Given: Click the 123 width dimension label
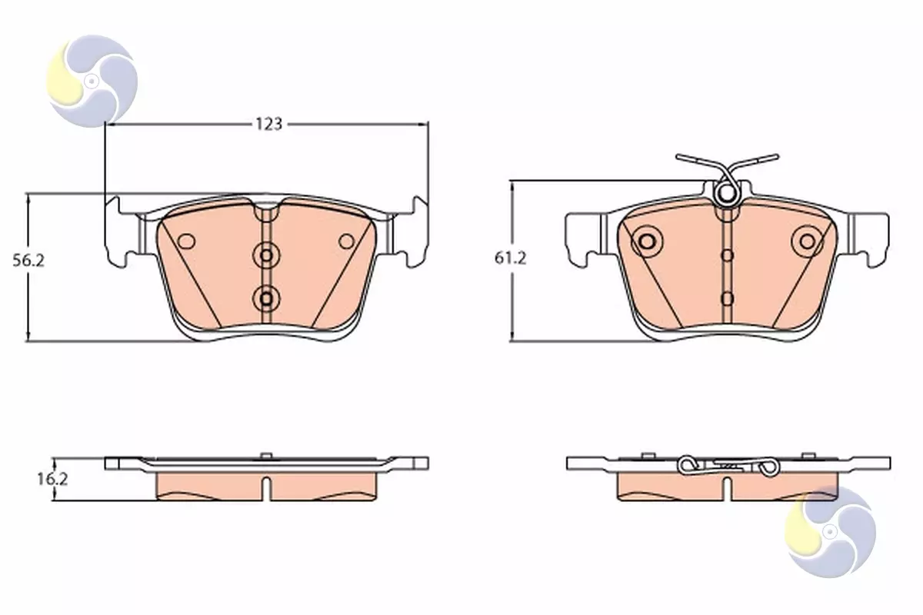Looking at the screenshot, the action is (x=269, y=124).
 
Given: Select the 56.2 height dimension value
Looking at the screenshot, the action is (x=28, y=261).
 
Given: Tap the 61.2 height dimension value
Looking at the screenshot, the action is (x=510, y=258).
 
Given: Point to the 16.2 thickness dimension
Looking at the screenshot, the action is (x=52, y=479).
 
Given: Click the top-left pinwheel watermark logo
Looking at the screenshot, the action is (x=92, y=81).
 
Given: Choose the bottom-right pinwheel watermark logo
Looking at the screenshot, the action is (x=830, y=532).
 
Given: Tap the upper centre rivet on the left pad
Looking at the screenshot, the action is (x=266, y=255).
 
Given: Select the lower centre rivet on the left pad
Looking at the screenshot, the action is (x=266, y=298).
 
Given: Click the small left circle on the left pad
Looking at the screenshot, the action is (x=186, y=242).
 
